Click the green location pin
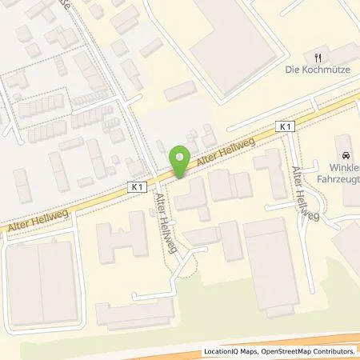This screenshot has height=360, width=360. tap(181, 159)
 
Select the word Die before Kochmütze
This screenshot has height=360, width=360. tap(293, 70)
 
